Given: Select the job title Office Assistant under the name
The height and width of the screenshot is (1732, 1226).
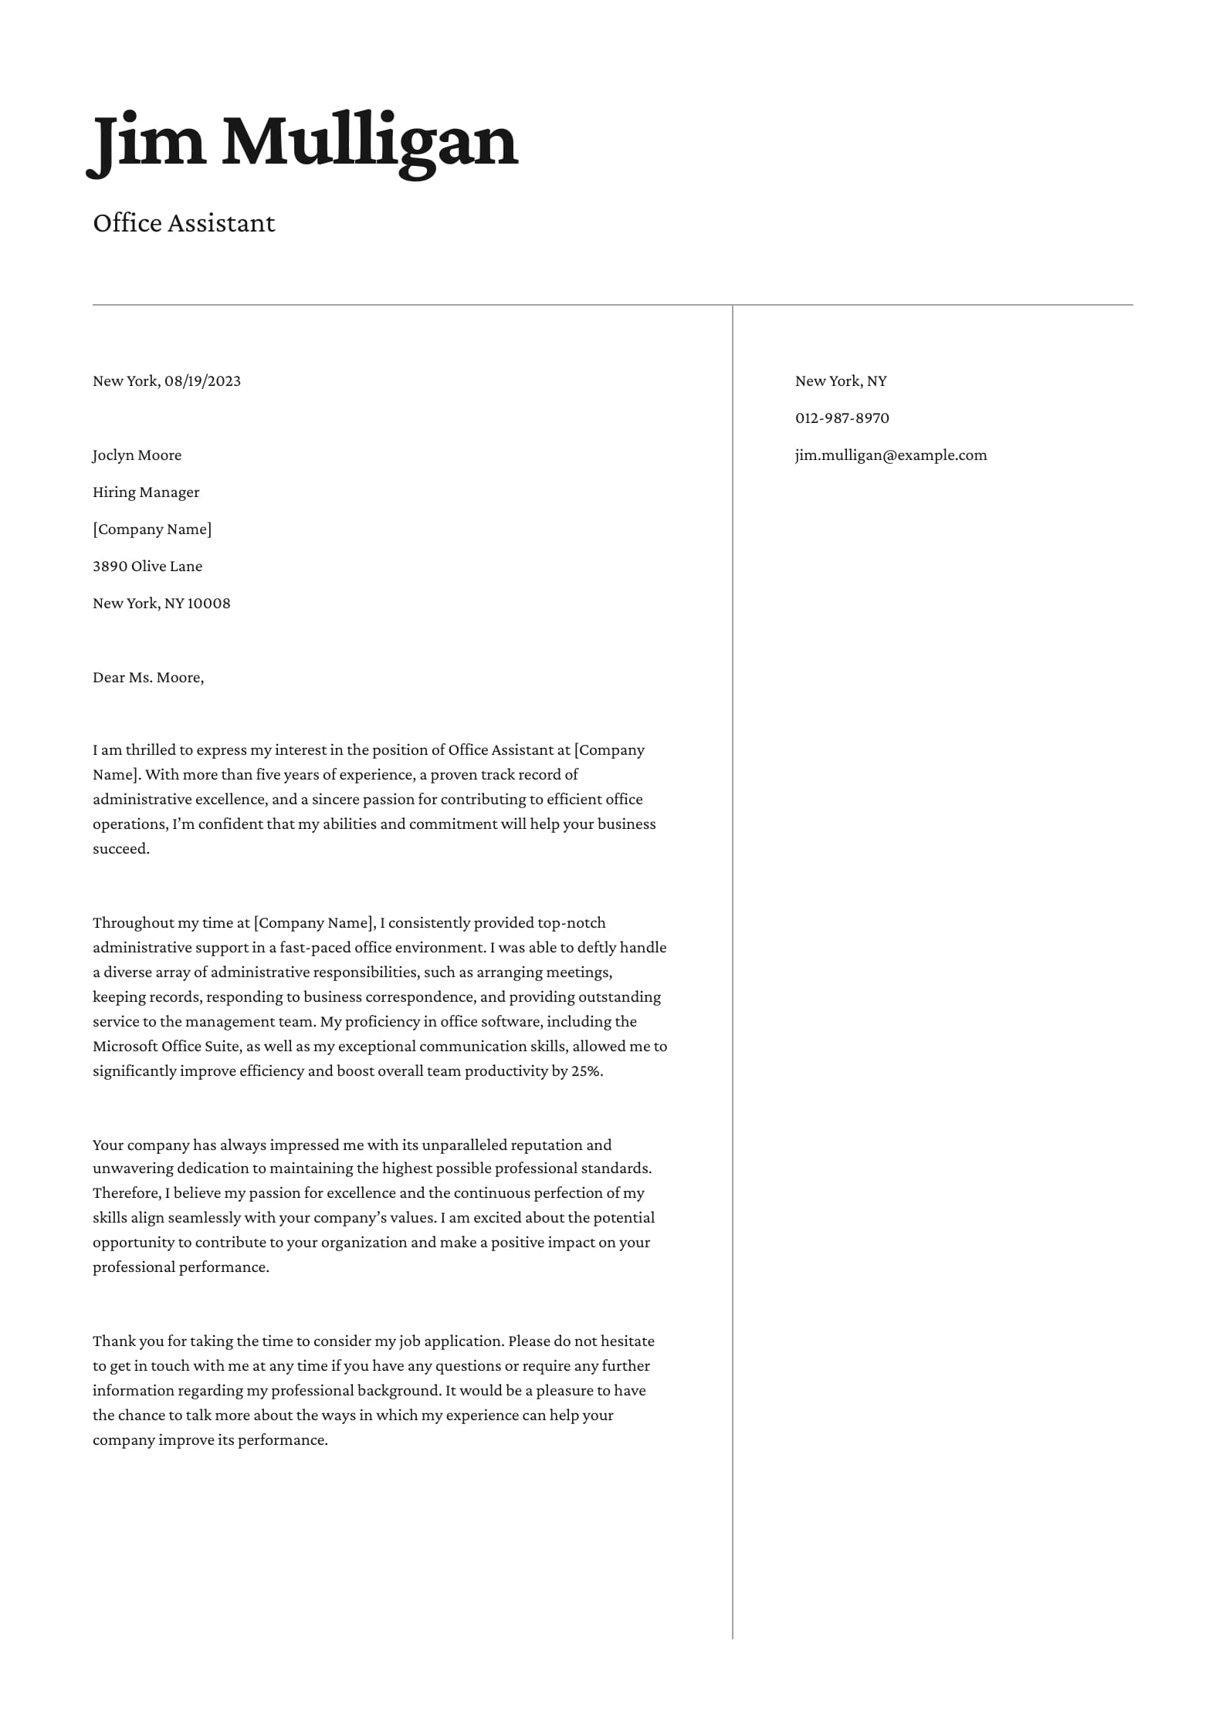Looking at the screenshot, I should click(x=184, y=223).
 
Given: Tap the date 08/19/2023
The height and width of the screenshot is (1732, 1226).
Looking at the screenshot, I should click(x=202, y=381).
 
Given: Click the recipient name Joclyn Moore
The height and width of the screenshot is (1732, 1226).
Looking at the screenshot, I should click(x=137, y=455).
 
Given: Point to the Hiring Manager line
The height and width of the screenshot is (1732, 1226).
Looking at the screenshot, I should click(x=146, y=492).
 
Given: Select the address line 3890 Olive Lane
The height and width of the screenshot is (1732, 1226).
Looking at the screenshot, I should click(x=147, y=567).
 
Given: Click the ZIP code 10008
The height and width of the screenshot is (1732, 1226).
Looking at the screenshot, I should click(x=208, y=604).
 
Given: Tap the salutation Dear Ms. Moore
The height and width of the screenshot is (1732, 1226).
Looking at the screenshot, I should click(x=147, y=678).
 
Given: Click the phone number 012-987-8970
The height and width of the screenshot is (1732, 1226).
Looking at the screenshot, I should click(x=842, y=418).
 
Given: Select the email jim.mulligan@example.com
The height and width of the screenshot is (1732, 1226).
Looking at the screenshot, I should click(x=891, y=455).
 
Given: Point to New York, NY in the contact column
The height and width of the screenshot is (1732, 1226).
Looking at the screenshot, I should click(x=841, y=381).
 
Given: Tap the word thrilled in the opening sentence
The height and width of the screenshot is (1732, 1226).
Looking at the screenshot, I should click(x=151, y=750).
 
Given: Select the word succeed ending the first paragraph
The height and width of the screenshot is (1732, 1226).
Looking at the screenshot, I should click(x=120, y=849).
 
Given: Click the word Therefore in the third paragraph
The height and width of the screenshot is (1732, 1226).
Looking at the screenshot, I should click(x=127, y=1193).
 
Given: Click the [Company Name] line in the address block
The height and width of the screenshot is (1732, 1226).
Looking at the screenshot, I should click(x=152, y=529).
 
